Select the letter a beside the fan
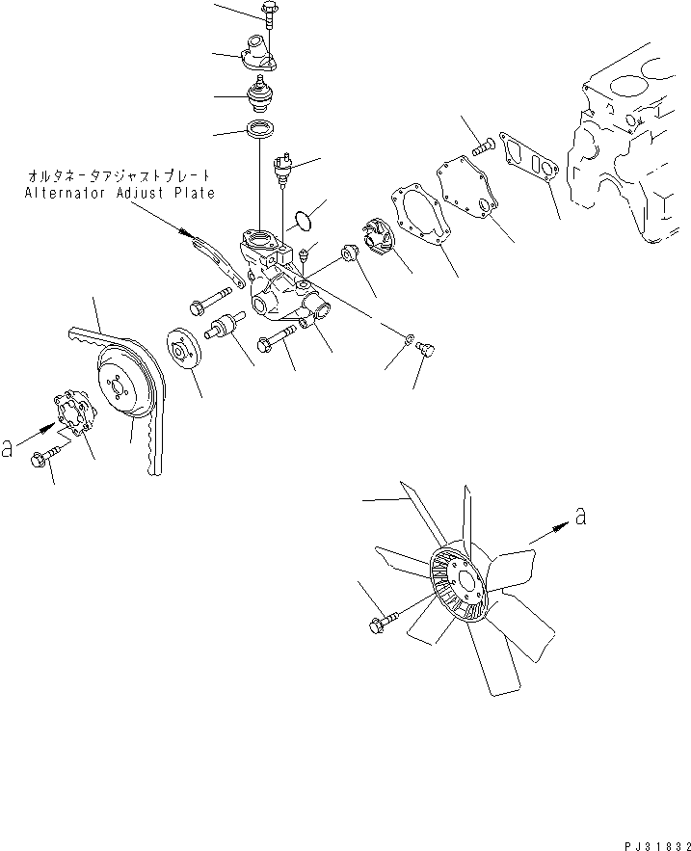click(579, 517)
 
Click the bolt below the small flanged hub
click(46, 461)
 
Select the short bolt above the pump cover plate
click(484, 146)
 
